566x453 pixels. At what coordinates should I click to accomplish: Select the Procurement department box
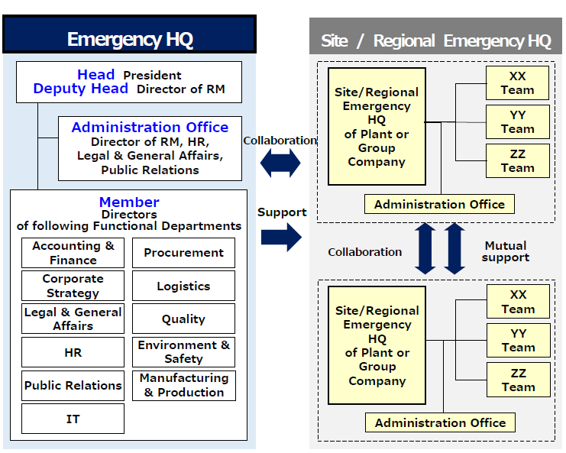183,253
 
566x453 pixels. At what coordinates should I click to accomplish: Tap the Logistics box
183,286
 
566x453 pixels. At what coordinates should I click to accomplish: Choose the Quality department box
183,319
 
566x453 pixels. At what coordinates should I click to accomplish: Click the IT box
73,419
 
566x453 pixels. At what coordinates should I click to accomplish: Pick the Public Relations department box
73,385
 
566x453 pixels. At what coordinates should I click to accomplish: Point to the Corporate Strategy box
73,286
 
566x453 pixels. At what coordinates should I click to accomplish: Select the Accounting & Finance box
73,253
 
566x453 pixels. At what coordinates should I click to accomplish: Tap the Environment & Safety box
183,352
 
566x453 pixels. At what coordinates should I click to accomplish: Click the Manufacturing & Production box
183,385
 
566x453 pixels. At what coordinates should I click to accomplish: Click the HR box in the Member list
73,352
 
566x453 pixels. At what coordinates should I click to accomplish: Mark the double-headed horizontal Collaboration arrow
280,162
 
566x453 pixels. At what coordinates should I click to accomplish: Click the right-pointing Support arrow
281,237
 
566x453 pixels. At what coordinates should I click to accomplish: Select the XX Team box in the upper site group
517,83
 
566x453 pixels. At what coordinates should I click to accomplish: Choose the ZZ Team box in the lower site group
518,380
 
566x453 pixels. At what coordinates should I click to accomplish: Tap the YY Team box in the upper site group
517,122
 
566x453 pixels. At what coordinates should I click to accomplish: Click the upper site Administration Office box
439,204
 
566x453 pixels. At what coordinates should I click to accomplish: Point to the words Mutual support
506,251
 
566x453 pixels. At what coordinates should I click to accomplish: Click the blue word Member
129,202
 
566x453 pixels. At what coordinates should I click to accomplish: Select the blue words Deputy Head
81,89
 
